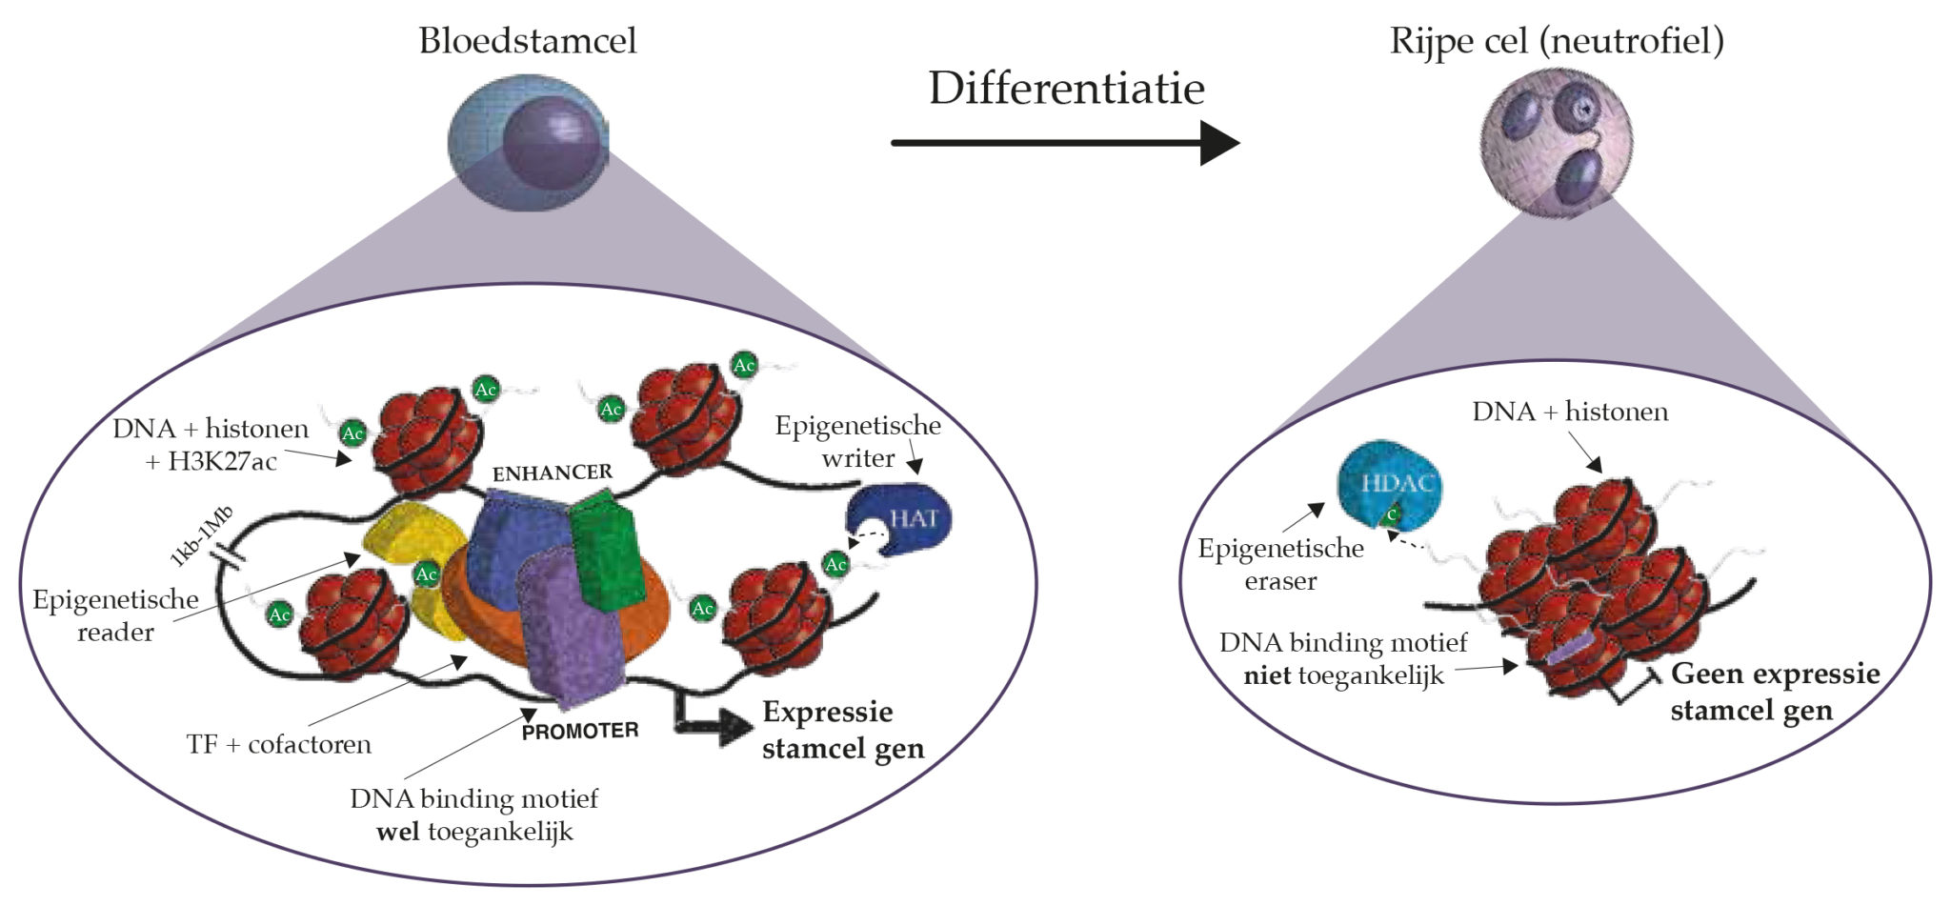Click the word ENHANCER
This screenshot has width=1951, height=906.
click(553, 473)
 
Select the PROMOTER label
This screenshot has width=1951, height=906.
click(580, 732)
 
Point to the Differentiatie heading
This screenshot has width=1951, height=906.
click(1066, 89)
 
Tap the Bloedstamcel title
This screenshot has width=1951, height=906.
click(528, 41)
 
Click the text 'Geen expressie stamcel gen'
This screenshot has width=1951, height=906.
click(1775, 692)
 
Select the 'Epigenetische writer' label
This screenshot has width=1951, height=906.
click(857, 441)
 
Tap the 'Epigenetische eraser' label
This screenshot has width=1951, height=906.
click(1280, 564)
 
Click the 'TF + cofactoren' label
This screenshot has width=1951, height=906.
click(279, 744)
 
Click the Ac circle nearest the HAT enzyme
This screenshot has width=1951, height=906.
click(835, 564)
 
